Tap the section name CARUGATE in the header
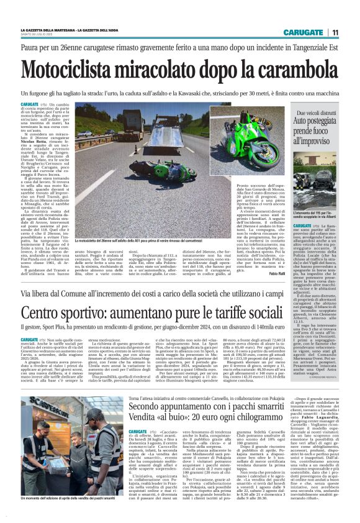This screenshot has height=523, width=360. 302,32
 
